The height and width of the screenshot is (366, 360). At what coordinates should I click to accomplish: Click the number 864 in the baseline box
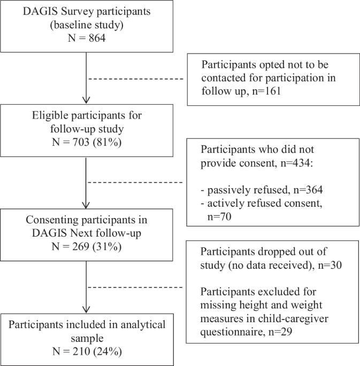(97, 38)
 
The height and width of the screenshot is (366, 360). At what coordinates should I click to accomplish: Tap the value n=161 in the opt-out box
(267, 91)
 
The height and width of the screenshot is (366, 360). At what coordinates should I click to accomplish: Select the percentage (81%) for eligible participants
(107, 142)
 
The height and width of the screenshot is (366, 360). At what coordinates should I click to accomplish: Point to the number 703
(81, 142)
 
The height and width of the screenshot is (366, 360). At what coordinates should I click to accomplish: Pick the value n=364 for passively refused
(308, 190)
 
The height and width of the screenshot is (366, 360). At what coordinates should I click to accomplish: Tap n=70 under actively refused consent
(219, 216)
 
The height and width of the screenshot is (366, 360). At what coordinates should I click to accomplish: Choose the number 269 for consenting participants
(81, 246)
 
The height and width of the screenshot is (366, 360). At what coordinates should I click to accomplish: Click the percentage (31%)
(107, 246)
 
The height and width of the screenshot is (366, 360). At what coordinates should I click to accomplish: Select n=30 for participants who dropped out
(330, 265)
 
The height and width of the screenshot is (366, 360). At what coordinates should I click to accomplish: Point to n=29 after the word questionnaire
(280, 332)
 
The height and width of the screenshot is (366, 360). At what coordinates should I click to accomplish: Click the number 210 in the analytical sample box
(81, 351)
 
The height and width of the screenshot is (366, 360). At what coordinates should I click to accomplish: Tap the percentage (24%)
(108, 352)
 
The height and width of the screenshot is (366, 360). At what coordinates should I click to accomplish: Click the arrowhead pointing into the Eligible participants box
(86, 100)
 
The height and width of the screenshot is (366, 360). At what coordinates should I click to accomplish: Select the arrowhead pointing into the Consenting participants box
(86, 205)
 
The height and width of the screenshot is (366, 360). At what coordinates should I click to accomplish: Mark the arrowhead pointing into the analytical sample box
(86, 309)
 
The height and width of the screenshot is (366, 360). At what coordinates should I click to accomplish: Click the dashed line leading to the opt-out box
(136, 79)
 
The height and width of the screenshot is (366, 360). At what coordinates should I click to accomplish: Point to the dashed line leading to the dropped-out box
(135, 287)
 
